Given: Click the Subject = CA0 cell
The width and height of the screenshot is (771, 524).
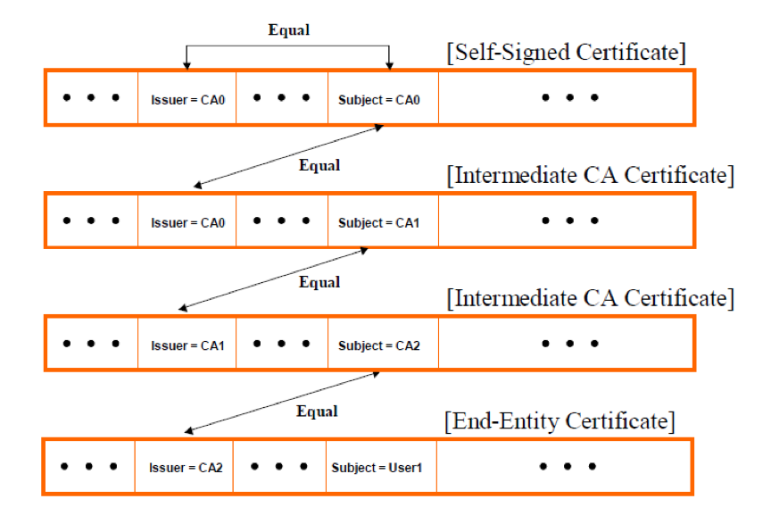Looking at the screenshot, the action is pos(383,98).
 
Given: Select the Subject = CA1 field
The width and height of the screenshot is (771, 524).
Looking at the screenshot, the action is pos(383,220).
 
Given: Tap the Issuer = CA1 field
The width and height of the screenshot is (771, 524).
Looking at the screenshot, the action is pos(187,344).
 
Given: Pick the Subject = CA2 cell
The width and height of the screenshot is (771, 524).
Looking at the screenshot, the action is pos(383,344).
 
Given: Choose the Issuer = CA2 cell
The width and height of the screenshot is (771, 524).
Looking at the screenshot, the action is pos(184,467).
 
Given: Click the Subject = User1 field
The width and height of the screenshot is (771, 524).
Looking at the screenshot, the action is pos(381,467).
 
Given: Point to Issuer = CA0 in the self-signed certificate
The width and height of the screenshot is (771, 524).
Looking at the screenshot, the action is pos(187,98).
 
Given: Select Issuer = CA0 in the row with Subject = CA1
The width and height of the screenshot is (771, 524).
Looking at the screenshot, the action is pos(187,220).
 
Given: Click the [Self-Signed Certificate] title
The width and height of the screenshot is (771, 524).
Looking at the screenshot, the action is pos(566,52).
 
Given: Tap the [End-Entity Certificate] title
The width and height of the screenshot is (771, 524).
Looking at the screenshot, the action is pos(560,421).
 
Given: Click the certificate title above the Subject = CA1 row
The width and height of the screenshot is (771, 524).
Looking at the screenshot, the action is pos(590,175).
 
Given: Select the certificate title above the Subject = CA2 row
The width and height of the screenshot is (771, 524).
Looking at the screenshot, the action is pos(590,298).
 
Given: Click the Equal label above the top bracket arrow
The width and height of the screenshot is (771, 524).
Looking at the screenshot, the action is pos(288,30).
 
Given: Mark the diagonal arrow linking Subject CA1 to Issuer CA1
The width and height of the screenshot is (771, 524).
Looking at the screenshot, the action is pos(273,279).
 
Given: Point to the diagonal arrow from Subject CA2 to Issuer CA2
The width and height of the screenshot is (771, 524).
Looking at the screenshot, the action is pos(282,403).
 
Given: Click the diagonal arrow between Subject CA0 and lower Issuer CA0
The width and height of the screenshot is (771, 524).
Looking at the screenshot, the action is pos(288,156).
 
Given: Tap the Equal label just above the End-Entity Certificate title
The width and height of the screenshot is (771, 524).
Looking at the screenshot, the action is pos(317,412).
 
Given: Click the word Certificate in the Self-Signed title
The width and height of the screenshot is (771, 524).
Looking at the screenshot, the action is pos(631,52).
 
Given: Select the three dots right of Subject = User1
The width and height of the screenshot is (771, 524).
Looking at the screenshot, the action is pos(568,467).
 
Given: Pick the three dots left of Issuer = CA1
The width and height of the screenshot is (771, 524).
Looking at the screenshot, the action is pos(91,344).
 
